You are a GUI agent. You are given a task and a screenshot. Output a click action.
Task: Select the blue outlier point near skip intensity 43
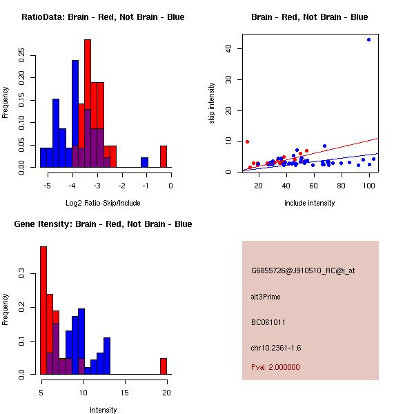[369, 39]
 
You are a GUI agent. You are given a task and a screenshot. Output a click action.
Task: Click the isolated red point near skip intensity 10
[246, 141]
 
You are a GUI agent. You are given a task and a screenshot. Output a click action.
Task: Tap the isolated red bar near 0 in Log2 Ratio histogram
[164, 156]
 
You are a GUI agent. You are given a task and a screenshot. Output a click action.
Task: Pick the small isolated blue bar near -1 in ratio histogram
[145, 162]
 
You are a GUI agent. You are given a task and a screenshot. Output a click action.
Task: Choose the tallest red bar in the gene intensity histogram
[43, 310]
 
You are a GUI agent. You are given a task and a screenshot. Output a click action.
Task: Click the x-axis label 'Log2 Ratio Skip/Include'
[103, 203]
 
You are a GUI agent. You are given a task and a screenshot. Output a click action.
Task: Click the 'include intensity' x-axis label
[310, 203]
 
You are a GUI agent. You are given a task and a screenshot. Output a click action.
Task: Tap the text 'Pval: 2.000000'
[275, 367]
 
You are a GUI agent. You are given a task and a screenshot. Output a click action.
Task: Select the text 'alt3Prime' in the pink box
[266, 297]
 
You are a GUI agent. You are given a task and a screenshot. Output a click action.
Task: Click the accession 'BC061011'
[268, 322]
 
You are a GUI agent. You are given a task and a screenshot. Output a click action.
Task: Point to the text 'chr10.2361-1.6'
[276, 347]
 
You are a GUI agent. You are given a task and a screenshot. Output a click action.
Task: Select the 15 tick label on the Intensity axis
[124, 392]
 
